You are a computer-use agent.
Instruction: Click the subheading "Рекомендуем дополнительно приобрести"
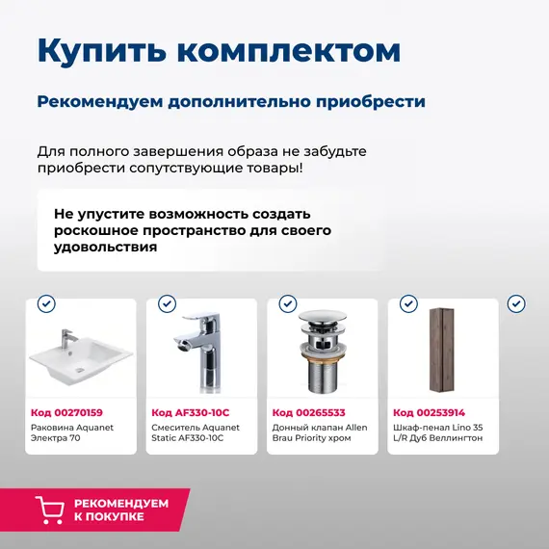click(x=231, y=102)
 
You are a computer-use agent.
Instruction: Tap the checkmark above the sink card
click(x=46, y=304)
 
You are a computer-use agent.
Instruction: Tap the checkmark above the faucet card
click(x=167, y=304)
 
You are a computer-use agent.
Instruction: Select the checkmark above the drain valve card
click(x=288, y=304)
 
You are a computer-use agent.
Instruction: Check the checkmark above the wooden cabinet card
click(x=408, y=304)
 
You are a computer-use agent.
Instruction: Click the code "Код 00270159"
click(x=66, y=412)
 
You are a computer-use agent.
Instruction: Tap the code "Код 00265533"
click(x=308, y=412)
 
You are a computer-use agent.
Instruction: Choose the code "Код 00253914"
click(x=430, y=412)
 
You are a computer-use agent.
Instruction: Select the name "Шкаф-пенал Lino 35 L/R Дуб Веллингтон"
click(x=438, y=432)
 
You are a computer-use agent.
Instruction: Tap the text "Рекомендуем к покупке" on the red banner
click(x=120, y=510)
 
